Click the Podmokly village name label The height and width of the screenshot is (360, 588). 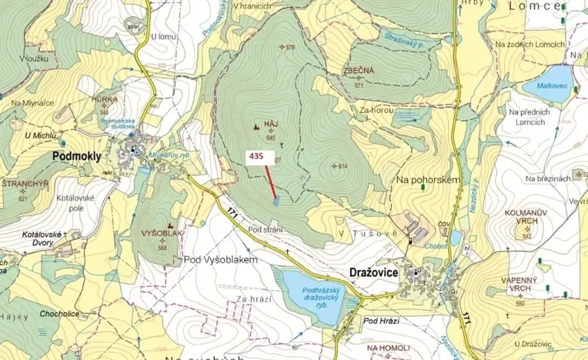click(76, 156)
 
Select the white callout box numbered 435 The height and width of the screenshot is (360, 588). click(256, 155)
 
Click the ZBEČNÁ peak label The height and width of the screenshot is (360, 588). click(359, 71)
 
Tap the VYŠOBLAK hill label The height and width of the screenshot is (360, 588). click(162, 233)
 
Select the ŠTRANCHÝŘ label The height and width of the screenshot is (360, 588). click(25, 185)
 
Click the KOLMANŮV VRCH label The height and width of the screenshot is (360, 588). click(526, 216)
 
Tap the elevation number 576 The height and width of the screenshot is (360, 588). click(289, 48)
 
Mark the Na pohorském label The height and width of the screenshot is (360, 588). click(427, 179)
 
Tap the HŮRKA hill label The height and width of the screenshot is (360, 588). click(104, 99)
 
